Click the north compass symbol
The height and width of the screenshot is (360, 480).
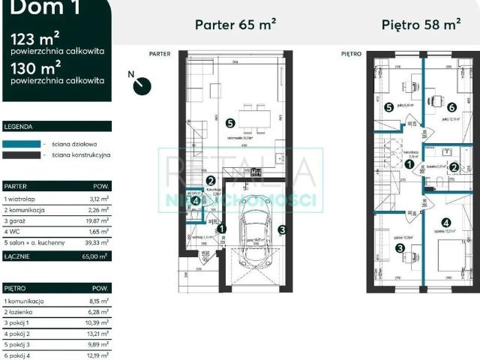[x=139, y=85]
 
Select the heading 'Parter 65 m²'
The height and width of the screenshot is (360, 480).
[x=235, y=24]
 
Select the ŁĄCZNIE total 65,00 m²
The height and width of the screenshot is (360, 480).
[x=97, y=256]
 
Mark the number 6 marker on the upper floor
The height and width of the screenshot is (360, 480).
[x=452, y=107]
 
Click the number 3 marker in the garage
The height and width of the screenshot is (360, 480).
[x=282, y=230]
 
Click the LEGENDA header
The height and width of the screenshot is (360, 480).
[x=19, y=127]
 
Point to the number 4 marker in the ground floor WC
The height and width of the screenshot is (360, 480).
[x=195, y=201]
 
